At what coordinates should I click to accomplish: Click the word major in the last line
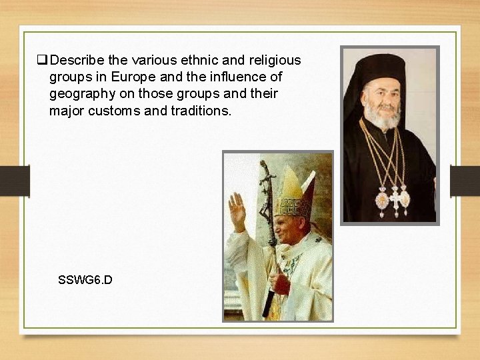[67, 111]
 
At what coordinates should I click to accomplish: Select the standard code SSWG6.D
[85, 279]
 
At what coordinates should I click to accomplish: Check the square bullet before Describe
[41, 61]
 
